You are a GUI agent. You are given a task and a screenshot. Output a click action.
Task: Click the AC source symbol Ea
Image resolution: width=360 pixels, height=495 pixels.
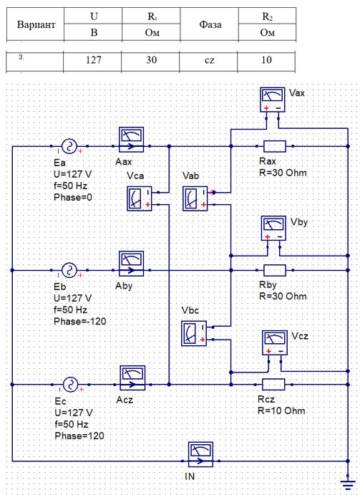(69, 146)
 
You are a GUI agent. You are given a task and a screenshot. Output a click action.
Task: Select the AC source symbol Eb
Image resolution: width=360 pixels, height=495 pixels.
(69, 270)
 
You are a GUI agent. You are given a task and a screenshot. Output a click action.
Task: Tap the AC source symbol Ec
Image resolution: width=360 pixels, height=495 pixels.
(70, 385)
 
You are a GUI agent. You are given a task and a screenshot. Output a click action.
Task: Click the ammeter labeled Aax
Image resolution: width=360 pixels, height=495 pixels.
(131, 140)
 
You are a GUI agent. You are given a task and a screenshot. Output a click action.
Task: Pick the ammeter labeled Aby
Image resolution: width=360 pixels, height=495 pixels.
(131, 264)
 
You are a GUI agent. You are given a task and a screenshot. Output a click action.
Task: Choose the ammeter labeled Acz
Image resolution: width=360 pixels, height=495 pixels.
(132, 378)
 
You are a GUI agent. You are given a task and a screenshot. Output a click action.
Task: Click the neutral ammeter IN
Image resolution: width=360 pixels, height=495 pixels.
(200, 455)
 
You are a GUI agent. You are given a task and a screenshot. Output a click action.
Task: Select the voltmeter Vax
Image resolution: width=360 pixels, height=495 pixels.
(273, 100)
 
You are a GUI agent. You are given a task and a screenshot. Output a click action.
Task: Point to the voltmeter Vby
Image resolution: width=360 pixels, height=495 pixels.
(274, 229)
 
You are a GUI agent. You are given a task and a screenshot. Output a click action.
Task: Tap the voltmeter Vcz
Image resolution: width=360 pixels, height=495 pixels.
(275, 343)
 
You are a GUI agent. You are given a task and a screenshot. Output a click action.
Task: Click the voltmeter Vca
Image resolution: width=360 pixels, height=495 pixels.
(139, 198)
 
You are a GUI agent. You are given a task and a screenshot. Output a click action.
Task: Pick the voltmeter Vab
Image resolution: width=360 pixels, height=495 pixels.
(195, 198)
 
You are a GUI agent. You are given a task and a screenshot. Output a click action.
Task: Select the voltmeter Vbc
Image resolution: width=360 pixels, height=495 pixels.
(194, 333)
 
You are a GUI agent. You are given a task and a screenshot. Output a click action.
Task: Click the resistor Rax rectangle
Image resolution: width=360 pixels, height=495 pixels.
(275, 146)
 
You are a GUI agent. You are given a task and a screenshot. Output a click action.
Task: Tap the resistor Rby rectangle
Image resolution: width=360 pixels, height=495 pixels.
(275, 270)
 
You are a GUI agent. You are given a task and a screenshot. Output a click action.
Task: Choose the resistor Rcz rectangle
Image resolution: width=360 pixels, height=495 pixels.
(273, 385)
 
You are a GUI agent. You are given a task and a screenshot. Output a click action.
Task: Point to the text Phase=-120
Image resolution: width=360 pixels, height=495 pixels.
(80, 322)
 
